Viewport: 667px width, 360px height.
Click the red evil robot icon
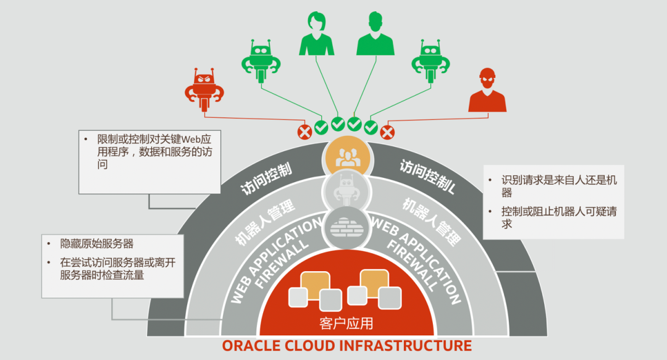pos(204,90)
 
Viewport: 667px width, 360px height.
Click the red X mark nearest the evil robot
pos(304,132)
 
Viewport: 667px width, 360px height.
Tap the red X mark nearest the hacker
pos(387,132)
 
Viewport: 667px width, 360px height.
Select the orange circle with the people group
pos(345,156)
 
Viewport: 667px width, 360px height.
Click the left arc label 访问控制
pos(266,180)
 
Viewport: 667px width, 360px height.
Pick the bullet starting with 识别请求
pos(558,186)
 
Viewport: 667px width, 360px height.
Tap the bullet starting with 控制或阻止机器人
pos(558,217)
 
